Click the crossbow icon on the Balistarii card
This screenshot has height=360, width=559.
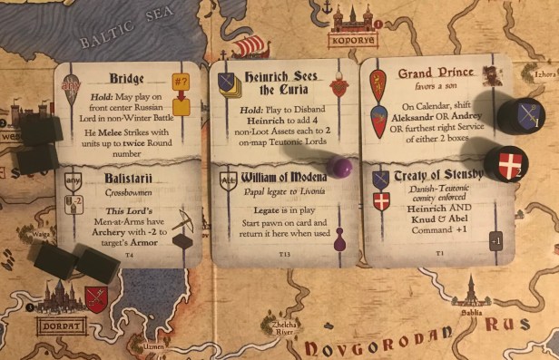(x=185, y=223)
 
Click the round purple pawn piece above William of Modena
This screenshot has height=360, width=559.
(x=340, y=167)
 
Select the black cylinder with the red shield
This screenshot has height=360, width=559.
(x=505, y=163)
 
